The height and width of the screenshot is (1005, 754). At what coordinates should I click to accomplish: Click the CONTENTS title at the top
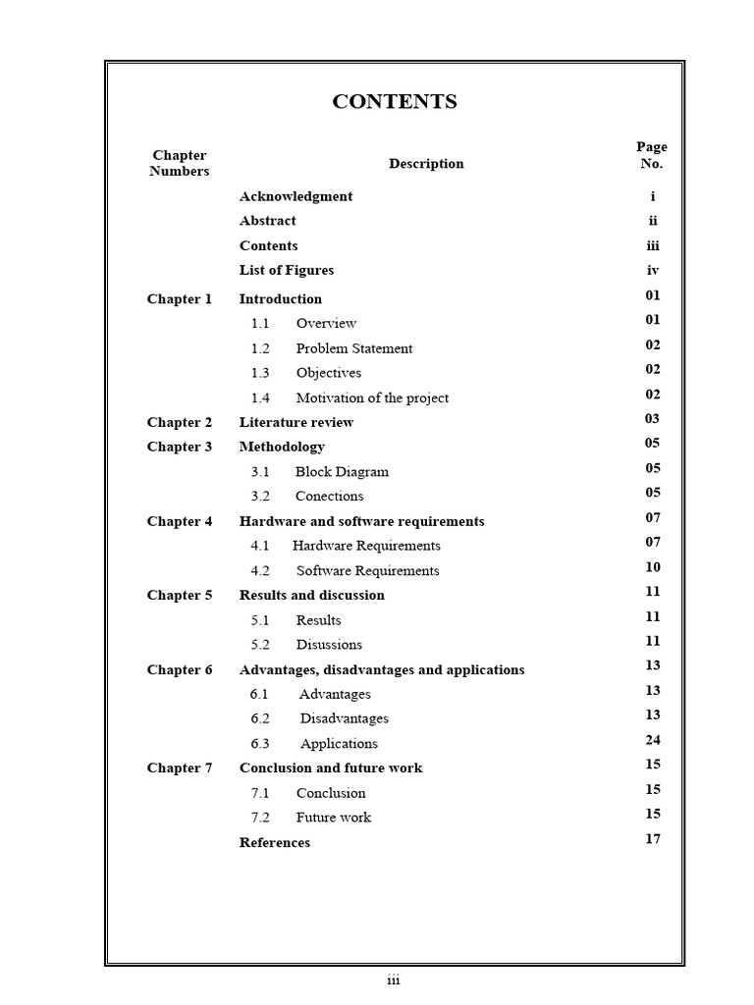pyautogui.click(x=395, y=102)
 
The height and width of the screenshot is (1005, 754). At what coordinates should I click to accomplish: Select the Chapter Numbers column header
pyautogui.click(x=180, y=163)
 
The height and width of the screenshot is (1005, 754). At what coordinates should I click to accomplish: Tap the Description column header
pyautogui.click(x=426, y=164)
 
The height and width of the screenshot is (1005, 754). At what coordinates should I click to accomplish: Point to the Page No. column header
pyautogui.click(x=652, y=155)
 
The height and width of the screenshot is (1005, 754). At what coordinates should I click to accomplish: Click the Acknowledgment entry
pyautogui.click(x=296, y=196)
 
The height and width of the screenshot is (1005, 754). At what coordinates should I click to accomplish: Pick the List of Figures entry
pyautogui.click(x=287, y=270)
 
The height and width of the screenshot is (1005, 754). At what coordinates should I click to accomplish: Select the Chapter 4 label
pyautogui.click(x=180, y=521)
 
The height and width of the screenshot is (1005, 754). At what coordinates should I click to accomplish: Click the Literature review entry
pyautogui.click(x=296, y=422)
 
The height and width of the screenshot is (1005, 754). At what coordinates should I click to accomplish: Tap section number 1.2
pyautogui.click(x=260, y=348)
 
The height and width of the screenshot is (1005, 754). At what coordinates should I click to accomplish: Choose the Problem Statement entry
pyautogui.click(x=354, y=348)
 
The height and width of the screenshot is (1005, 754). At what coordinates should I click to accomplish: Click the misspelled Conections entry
pyautogui.click(x=330, y=496)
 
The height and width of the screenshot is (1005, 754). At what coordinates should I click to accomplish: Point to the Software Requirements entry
pyautogui.click(x=368, y=570)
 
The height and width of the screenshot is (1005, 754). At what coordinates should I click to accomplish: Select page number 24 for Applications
pyautogui.click(x=653, y=740)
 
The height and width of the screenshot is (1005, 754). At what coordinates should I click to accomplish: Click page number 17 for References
pyautogui.click(x=653, y=838)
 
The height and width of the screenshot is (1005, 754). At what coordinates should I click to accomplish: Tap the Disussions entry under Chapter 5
pyautogui.click(x=329, y=645)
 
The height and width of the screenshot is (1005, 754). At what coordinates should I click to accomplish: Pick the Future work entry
pyautogui.click(x=334, y=818)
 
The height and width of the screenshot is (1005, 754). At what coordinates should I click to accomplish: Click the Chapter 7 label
pyautogui.click(x=180, y=767)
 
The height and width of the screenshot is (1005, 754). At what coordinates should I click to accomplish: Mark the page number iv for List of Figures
pyautogui.click(x=653, y=270)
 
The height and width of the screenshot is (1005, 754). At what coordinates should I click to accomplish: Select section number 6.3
pyautogui.click(x=260, y=744)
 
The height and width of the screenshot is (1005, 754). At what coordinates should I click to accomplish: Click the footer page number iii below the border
pyautogui.click(x=394, y=980)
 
